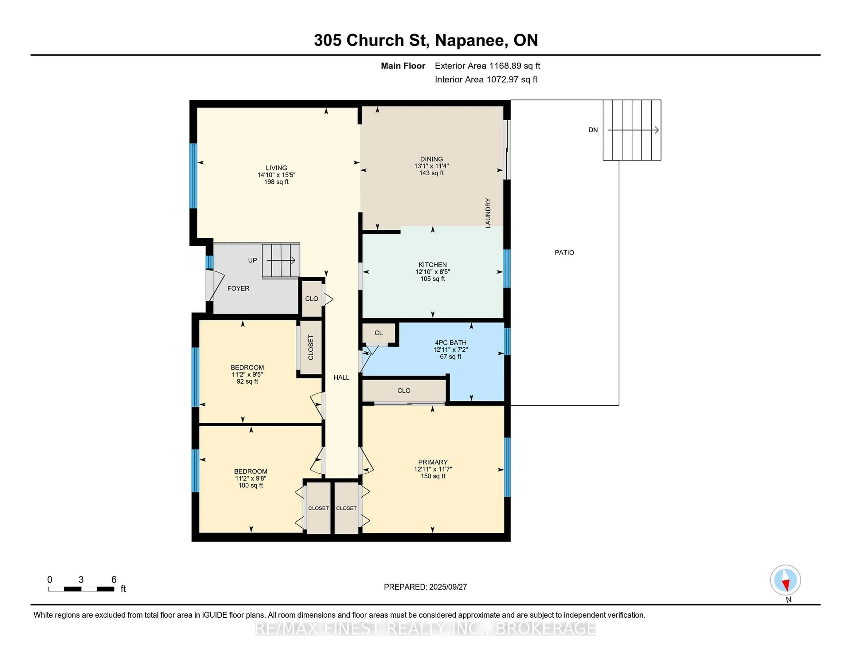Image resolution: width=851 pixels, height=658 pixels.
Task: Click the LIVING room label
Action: coord(276,168)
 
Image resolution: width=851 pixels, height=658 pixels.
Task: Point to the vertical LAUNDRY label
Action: coord(488,213)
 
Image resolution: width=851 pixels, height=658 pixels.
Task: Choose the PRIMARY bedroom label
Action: coord(433,462)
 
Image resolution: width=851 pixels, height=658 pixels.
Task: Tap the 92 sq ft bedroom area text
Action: coord(247,381)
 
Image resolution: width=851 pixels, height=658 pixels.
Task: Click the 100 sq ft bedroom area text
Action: coord(251,485)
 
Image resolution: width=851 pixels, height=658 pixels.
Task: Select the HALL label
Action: coord(341,377)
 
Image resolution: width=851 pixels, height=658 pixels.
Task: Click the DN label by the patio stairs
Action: coord(593,130)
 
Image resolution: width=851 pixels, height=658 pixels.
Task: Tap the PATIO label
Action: coord(564,253)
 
